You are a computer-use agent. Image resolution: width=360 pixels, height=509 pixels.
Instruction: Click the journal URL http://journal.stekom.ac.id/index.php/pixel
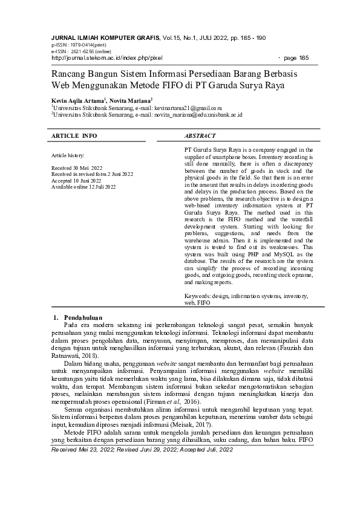[107, 58]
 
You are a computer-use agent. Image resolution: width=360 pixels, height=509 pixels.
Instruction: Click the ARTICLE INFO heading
[74, 136]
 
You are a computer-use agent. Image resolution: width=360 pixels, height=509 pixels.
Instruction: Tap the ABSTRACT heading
[200, 136]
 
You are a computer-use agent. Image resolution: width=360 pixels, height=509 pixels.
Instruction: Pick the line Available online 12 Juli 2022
[83, 187]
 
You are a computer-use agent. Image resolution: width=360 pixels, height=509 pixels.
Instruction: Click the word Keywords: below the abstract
[197, 296]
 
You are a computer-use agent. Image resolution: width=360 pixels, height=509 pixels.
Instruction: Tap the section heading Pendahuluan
[83, 317]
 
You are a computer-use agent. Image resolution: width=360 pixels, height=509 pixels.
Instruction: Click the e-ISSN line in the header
[73, 51]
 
